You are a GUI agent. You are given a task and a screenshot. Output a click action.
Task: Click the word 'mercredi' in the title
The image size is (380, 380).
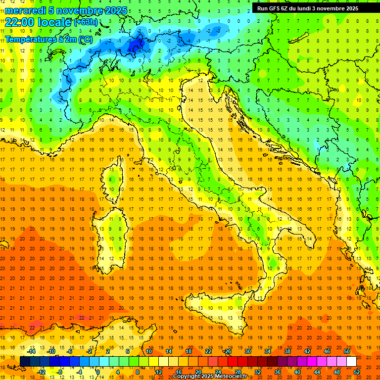26,10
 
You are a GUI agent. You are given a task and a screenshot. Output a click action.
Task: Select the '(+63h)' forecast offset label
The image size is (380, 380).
86,22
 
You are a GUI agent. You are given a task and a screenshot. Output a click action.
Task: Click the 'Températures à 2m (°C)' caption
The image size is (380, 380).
48,39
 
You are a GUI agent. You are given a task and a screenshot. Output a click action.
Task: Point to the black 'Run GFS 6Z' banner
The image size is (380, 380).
308,8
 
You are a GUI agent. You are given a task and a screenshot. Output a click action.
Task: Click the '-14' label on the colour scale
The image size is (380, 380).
31,351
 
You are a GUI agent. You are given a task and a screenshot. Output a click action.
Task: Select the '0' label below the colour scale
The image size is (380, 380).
97,372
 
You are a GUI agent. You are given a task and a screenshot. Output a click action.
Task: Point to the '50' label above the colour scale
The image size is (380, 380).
346,351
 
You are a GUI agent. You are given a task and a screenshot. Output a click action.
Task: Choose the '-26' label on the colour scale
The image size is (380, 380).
227,351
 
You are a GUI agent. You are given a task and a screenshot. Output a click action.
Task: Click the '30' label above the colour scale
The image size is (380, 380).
247,351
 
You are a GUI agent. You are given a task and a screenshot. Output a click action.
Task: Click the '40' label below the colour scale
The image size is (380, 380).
297,372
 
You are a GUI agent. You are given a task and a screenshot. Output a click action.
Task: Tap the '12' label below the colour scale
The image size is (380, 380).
158,372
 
